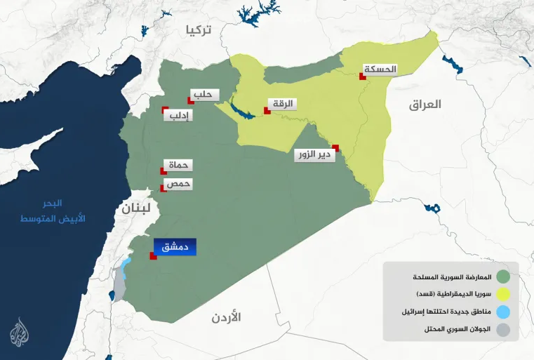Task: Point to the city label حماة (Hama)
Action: (179, 166)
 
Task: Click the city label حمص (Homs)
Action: (178, 184)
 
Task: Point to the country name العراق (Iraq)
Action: (425, 105)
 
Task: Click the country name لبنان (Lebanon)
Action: (135, 208)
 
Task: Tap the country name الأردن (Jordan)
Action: (226, 317)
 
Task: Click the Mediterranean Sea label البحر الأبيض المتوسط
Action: (62, 211)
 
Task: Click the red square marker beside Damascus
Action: (152, 256)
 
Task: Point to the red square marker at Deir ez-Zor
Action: (336, 147)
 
